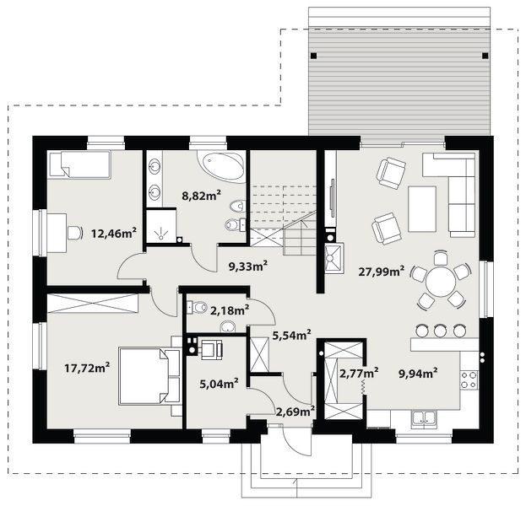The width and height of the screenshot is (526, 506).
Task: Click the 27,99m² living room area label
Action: [381, 271]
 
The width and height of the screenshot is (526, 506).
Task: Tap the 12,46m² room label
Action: [114, 233]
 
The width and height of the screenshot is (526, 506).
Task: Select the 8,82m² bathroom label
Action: [201, 195]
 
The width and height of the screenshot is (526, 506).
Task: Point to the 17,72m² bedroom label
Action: [87, 368]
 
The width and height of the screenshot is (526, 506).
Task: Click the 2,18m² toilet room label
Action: [230, 310]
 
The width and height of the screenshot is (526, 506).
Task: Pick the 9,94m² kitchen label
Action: [418, 373]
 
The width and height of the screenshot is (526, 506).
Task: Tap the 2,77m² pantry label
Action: [360, 372]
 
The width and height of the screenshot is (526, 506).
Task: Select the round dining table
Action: [441, 281]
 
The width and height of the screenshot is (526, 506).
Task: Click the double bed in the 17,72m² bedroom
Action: [149, 376]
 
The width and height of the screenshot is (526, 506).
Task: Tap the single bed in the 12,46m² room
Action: [79, 164]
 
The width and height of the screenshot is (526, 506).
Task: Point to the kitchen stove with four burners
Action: [469, 379]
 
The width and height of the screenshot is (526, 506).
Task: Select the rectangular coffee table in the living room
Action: [422, 209]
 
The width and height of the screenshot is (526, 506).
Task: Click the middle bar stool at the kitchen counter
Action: [441, 331]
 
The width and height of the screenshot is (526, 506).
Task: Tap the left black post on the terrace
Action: [313, 56]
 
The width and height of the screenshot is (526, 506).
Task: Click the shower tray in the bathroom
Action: [161, 226]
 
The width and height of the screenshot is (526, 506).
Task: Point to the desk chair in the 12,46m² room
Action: [75, 233]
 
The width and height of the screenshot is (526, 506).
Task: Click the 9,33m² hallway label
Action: [248, 266]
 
